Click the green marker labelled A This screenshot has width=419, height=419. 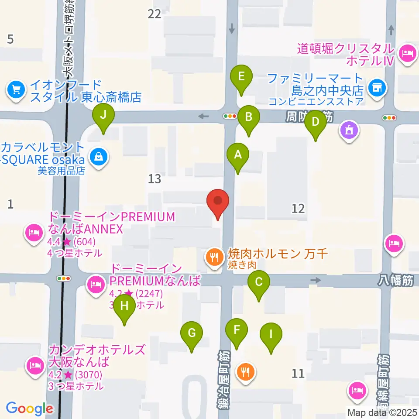pyautogui.click(x=238, y=155)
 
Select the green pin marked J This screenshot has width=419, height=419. pyautogui.click(x=103, y=116)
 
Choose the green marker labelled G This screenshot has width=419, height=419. pyautogui.click(x=192, y=333)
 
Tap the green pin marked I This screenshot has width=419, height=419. pyautogui.click(x=271, y=335)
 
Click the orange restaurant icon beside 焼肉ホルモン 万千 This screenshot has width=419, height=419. pyautogui.click(x=214, y=258)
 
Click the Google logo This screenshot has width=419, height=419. pyautogui.click(x=29, y=409)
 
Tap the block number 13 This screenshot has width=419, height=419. pyautogui.click(x=155, y=178)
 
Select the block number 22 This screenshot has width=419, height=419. pyautogui.click(x=155, y=14)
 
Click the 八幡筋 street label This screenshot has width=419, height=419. pyautogui.click(x=395, y=282)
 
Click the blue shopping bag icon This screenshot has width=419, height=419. pyautogui.click(x=99, y=155)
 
